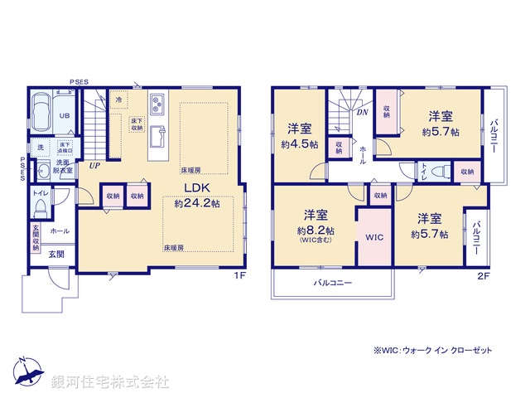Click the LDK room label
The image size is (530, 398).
click(195, 187)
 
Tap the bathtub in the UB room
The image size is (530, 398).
click(42, 109)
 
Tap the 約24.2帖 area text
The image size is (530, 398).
click(197, 202)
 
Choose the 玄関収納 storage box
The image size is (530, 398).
click(36, 237)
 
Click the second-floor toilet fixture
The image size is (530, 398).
click(436, 172)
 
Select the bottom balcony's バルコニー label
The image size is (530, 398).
click(332, 284)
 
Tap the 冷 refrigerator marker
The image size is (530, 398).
click(118, 99)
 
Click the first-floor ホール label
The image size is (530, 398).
click(59, 231)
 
